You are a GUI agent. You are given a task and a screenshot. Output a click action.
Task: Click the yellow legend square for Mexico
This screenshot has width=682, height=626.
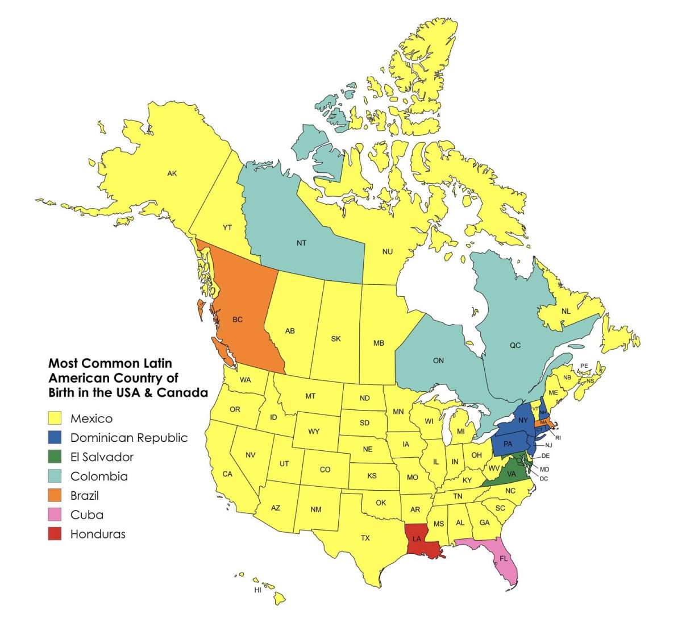pos(55,418)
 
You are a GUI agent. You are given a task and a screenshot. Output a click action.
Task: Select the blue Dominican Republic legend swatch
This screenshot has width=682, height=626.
pos(55,438)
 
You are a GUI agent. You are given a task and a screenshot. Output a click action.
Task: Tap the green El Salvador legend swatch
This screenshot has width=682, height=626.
pos(55,457)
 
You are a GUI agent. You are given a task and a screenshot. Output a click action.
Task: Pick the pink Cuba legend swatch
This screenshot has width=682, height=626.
pos(55,515)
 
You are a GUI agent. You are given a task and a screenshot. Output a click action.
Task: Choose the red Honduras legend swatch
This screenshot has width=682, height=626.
pos(55,534)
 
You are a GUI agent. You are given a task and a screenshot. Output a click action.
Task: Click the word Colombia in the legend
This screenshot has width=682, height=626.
pos(99,476)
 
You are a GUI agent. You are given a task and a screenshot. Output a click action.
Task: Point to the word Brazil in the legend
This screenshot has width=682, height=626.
pos(85,496)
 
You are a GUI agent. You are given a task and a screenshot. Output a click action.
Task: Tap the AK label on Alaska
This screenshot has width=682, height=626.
pos(172,173)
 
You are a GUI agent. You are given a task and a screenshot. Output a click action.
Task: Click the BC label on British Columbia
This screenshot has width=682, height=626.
pos(238,320)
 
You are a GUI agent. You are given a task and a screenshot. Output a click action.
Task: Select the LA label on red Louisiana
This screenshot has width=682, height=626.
pos(417,538)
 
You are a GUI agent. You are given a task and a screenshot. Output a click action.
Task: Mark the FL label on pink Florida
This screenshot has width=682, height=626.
pos(504,559)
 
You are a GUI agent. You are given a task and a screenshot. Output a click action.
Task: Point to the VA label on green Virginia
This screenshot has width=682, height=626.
pos(511,474)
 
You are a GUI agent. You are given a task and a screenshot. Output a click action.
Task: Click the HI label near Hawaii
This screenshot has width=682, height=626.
pos(257,591)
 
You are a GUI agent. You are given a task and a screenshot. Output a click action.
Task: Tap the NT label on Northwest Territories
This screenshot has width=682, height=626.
pos(301,243)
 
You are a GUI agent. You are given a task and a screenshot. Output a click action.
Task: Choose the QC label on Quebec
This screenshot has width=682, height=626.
pos(515,345)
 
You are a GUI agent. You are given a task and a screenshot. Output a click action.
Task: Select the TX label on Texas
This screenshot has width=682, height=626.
pos(365,537)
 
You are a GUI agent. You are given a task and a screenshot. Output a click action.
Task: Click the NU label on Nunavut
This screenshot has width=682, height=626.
pos(388,251)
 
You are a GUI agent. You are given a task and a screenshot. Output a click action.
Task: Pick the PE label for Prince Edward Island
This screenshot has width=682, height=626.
pos(584,366)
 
